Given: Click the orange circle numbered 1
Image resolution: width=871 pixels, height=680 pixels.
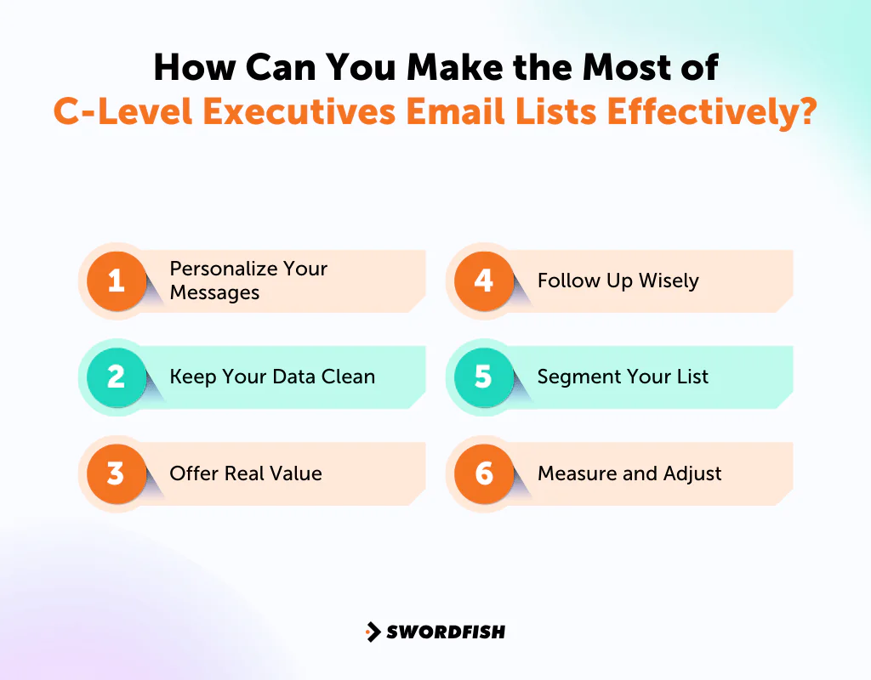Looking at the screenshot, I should click(x=117, y=280).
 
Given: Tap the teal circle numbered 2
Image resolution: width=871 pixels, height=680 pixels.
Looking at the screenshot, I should click(x=117, y=377).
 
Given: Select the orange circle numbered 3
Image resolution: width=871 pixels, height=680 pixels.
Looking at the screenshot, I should click(x=117, y=473).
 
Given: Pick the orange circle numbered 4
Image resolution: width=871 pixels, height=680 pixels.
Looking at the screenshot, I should click(x=484, y=280).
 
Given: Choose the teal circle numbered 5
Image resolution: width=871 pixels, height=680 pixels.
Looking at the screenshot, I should click(x=484, y=377).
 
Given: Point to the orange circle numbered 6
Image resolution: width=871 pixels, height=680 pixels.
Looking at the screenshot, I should click(x=484, y=473).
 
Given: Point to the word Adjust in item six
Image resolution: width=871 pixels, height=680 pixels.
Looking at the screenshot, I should click(x=692, y=473).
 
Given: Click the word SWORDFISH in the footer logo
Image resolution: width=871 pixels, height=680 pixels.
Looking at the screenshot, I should click(x=446, y=632).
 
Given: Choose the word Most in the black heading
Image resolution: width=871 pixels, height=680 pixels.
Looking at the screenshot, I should click(x=622, y=68).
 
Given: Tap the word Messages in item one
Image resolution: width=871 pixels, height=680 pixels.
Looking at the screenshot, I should click(x=214, y=292).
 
